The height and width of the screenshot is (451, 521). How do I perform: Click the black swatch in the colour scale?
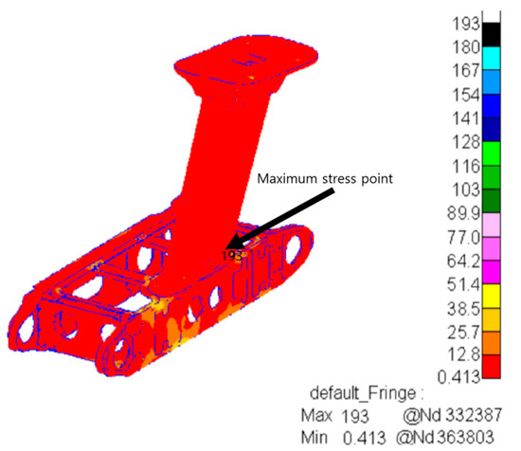[x=491, y=34]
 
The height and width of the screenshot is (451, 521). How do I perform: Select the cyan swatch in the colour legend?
[x=491, y=58]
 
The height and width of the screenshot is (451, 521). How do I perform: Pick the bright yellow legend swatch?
[x=491, y=297]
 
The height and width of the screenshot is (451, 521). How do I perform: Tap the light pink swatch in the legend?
[x=491, y=225]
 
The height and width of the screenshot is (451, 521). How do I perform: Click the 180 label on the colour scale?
[x=466, y=47]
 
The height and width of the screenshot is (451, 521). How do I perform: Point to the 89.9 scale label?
[x=463, y=212]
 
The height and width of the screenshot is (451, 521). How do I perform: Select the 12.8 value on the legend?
[x=464, y=354]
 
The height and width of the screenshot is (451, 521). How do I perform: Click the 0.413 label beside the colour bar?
[x=458, y=377]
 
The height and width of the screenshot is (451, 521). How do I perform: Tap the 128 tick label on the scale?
[x=466, y=142]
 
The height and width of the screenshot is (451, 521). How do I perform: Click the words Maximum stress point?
[x=325, y=179]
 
